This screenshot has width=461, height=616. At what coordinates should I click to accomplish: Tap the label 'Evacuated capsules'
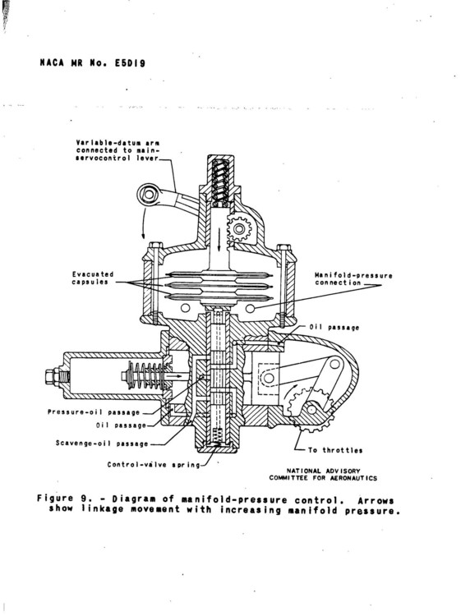click(x=90, y=278)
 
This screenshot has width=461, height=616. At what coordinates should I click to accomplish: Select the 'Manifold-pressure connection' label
click(x=354, y=278)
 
